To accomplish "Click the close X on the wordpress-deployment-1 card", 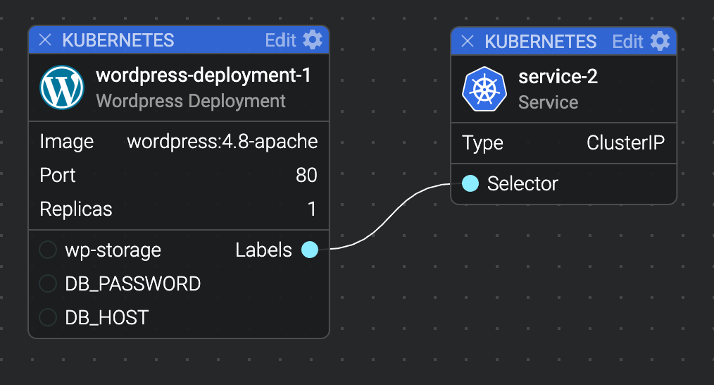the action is coord(45,40).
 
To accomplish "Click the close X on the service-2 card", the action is coord(467,42).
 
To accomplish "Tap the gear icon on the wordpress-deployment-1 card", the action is coord(313,39).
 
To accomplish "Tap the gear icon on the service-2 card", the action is coord(660,41).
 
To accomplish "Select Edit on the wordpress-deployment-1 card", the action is coord(280,40).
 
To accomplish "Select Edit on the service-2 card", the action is coord(627,42).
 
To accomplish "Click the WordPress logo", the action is coord(62,87).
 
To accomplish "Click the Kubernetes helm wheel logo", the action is coord(484,89).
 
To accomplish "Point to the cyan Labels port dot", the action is coord(310,250).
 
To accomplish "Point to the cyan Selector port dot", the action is coord(470,183).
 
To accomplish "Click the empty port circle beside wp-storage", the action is coord(48,250).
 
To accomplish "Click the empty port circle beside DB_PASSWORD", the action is coord(48,283).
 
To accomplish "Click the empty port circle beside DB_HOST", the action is coord(48,317).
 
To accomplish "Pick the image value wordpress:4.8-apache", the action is coord(223,142).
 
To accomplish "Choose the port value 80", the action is coord(306,175).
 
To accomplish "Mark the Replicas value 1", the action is coord(312,209).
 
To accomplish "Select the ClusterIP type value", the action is coord(626,142).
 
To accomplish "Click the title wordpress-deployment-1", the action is coord(203,75).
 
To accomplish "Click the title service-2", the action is coord(558,77).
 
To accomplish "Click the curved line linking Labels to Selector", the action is coord(391,216).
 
